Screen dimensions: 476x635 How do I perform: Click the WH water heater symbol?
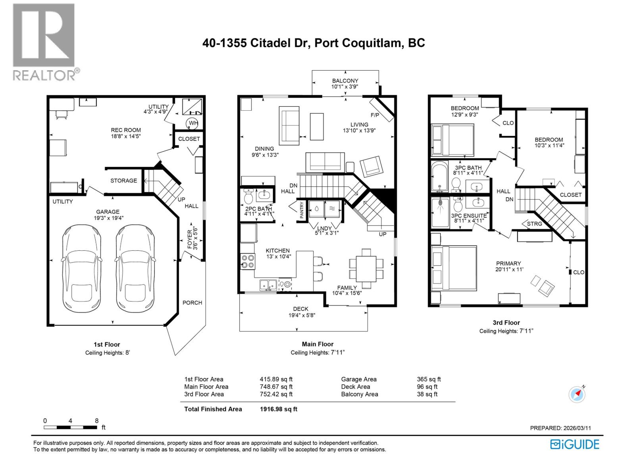[193, 123]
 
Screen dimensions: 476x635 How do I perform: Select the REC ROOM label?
[125, 130]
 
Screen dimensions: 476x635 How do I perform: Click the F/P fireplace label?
[374, 115]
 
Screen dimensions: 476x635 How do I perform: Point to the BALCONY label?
[345, 81]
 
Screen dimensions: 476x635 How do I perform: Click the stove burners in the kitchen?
[248, 261]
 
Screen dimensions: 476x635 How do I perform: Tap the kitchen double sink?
[268, 285]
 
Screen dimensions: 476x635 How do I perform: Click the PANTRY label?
[302, 210]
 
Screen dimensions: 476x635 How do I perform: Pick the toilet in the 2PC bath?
[248, 197]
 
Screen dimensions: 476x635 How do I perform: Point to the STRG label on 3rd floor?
[535, 224]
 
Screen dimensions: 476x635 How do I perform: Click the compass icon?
[577, 394]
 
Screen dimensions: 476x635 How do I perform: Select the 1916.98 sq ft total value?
[279, 409]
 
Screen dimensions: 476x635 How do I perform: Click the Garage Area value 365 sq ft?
[429, 379]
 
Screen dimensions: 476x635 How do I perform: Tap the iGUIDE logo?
[575, 444]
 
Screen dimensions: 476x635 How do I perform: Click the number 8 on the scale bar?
[96, 420]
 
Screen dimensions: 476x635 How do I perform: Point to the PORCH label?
[192, 303]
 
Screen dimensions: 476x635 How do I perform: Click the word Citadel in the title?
[279, 43]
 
